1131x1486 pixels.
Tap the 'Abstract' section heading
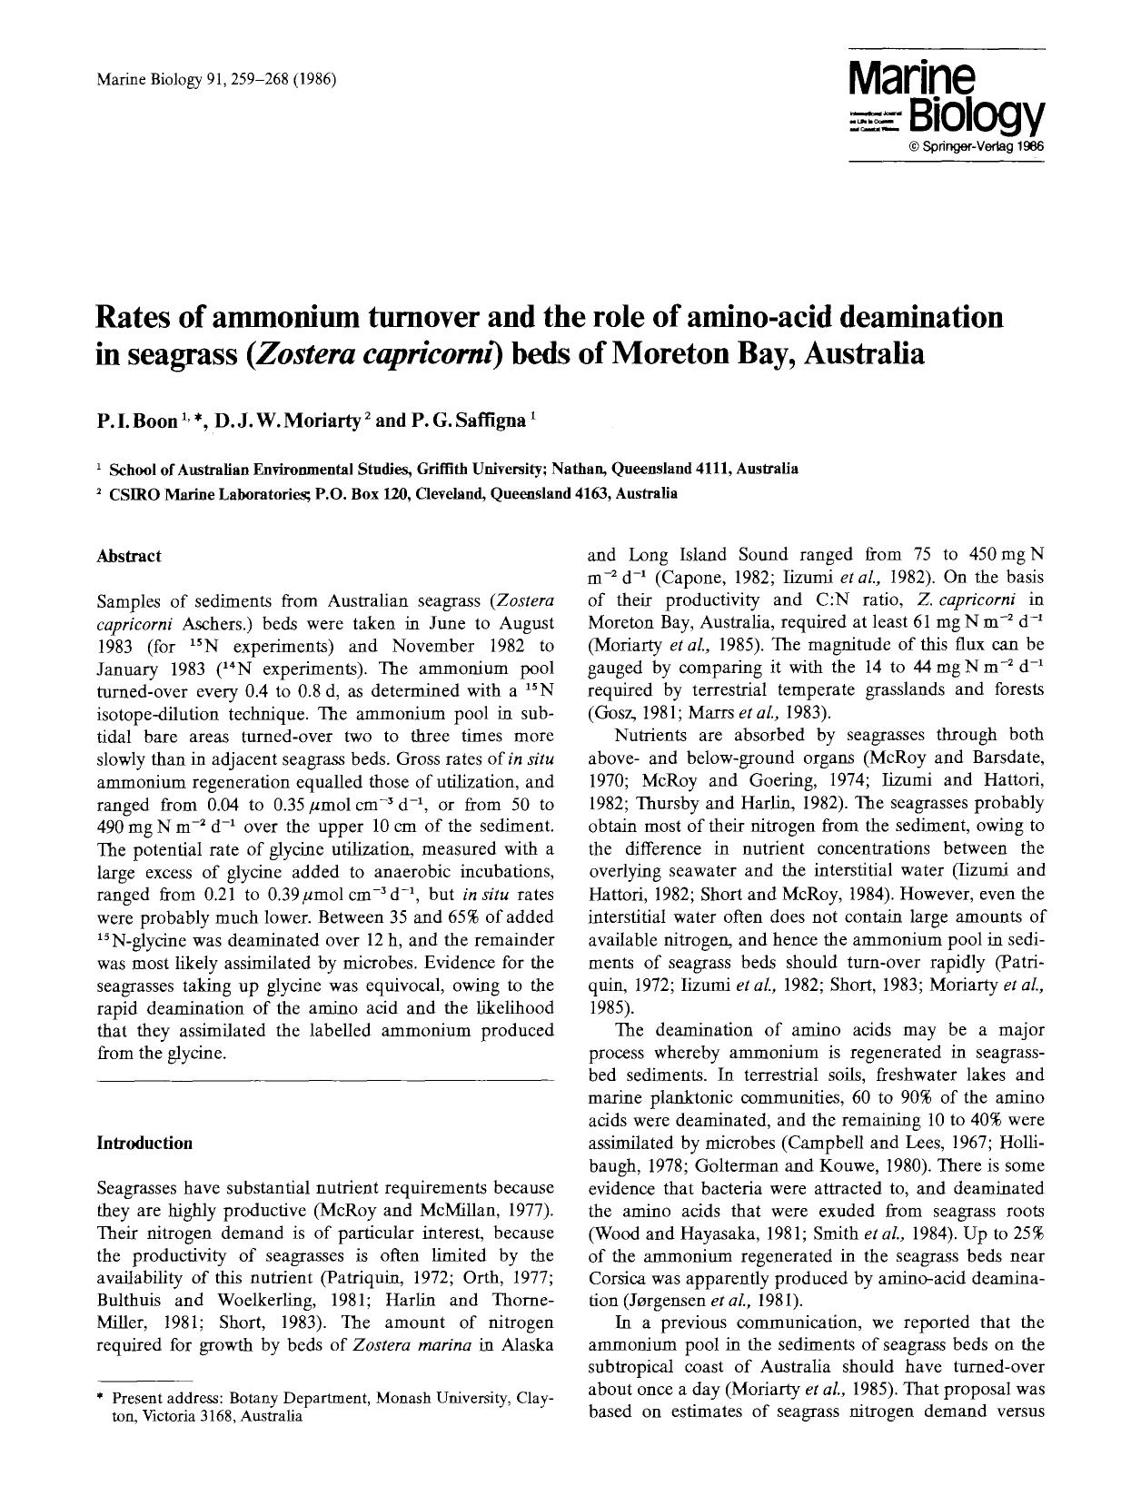[129, 556]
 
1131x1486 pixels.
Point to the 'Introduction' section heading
[144, 1143]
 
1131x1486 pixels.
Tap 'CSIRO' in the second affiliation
[132, 494]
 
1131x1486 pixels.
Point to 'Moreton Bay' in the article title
[690, 352]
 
